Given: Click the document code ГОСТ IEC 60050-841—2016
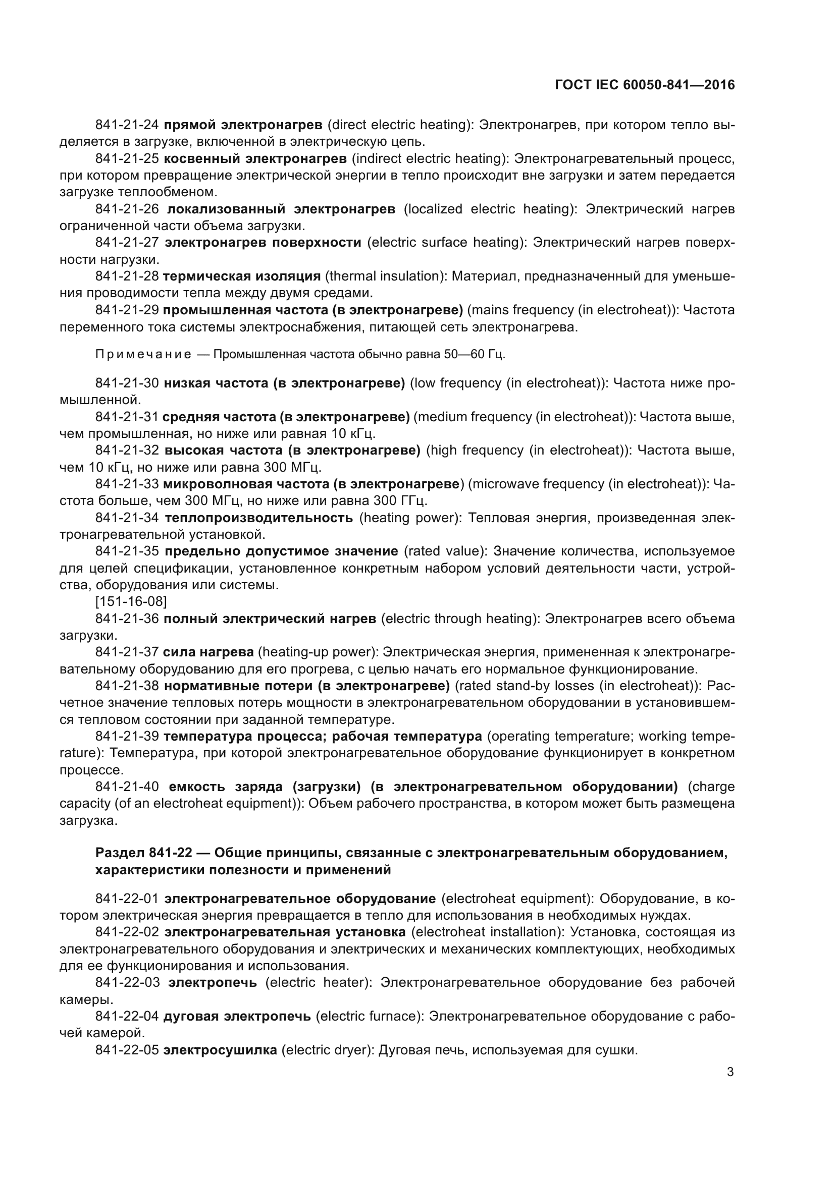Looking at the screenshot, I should pos(645,85).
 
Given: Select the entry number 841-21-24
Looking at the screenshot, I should pos(127,125).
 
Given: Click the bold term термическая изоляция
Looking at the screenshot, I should pos(242,276).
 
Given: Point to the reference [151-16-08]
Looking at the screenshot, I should pos(131,601).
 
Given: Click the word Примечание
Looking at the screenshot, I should pos(143,355).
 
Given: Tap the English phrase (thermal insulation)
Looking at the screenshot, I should pos(386,276).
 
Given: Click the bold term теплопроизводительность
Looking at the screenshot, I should pos(259,518).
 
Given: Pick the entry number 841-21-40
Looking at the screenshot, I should pos(127,787).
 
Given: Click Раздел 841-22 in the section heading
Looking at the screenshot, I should pos(143,853).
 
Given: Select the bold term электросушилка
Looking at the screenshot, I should pos(221,1050).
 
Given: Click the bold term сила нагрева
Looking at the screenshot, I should pos(208,652).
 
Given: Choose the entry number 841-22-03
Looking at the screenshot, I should pos(127,983).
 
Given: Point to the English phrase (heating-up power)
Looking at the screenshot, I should pos(318,652).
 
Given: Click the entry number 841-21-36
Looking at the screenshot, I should pos(127,619).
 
